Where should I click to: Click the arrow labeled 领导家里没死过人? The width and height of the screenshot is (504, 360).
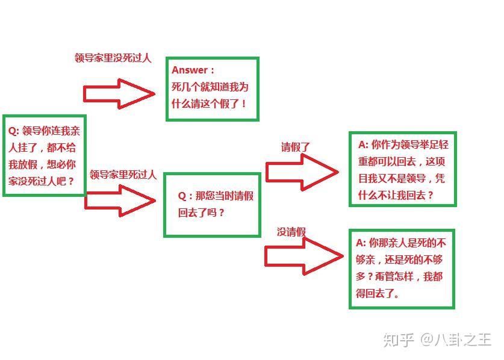[119, 93]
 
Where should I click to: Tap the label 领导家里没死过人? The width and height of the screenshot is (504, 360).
[113, 58]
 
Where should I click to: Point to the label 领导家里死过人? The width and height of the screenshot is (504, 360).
[123, 175]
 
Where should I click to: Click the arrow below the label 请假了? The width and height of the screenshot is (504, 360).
[302, 172]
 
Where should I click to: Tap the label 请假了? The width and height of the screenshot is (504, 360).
[295, 147]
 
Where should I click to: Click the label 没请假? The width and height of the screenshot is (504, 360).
[291, 232]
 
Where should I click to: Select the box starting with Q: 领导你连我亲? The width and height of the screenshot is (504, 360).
[45, 155]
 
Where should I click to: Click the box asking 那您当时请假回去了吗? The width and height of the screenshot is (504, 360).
[213, 205]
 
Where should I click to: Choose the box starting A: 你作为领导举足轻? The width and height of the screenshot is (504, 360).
[402, 169]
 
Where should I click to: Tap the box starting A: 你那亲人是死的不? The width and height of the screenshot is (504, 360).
[402, 268]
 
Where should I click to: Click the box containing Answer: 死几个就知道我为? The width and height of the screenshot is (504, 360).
[212, 88]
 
